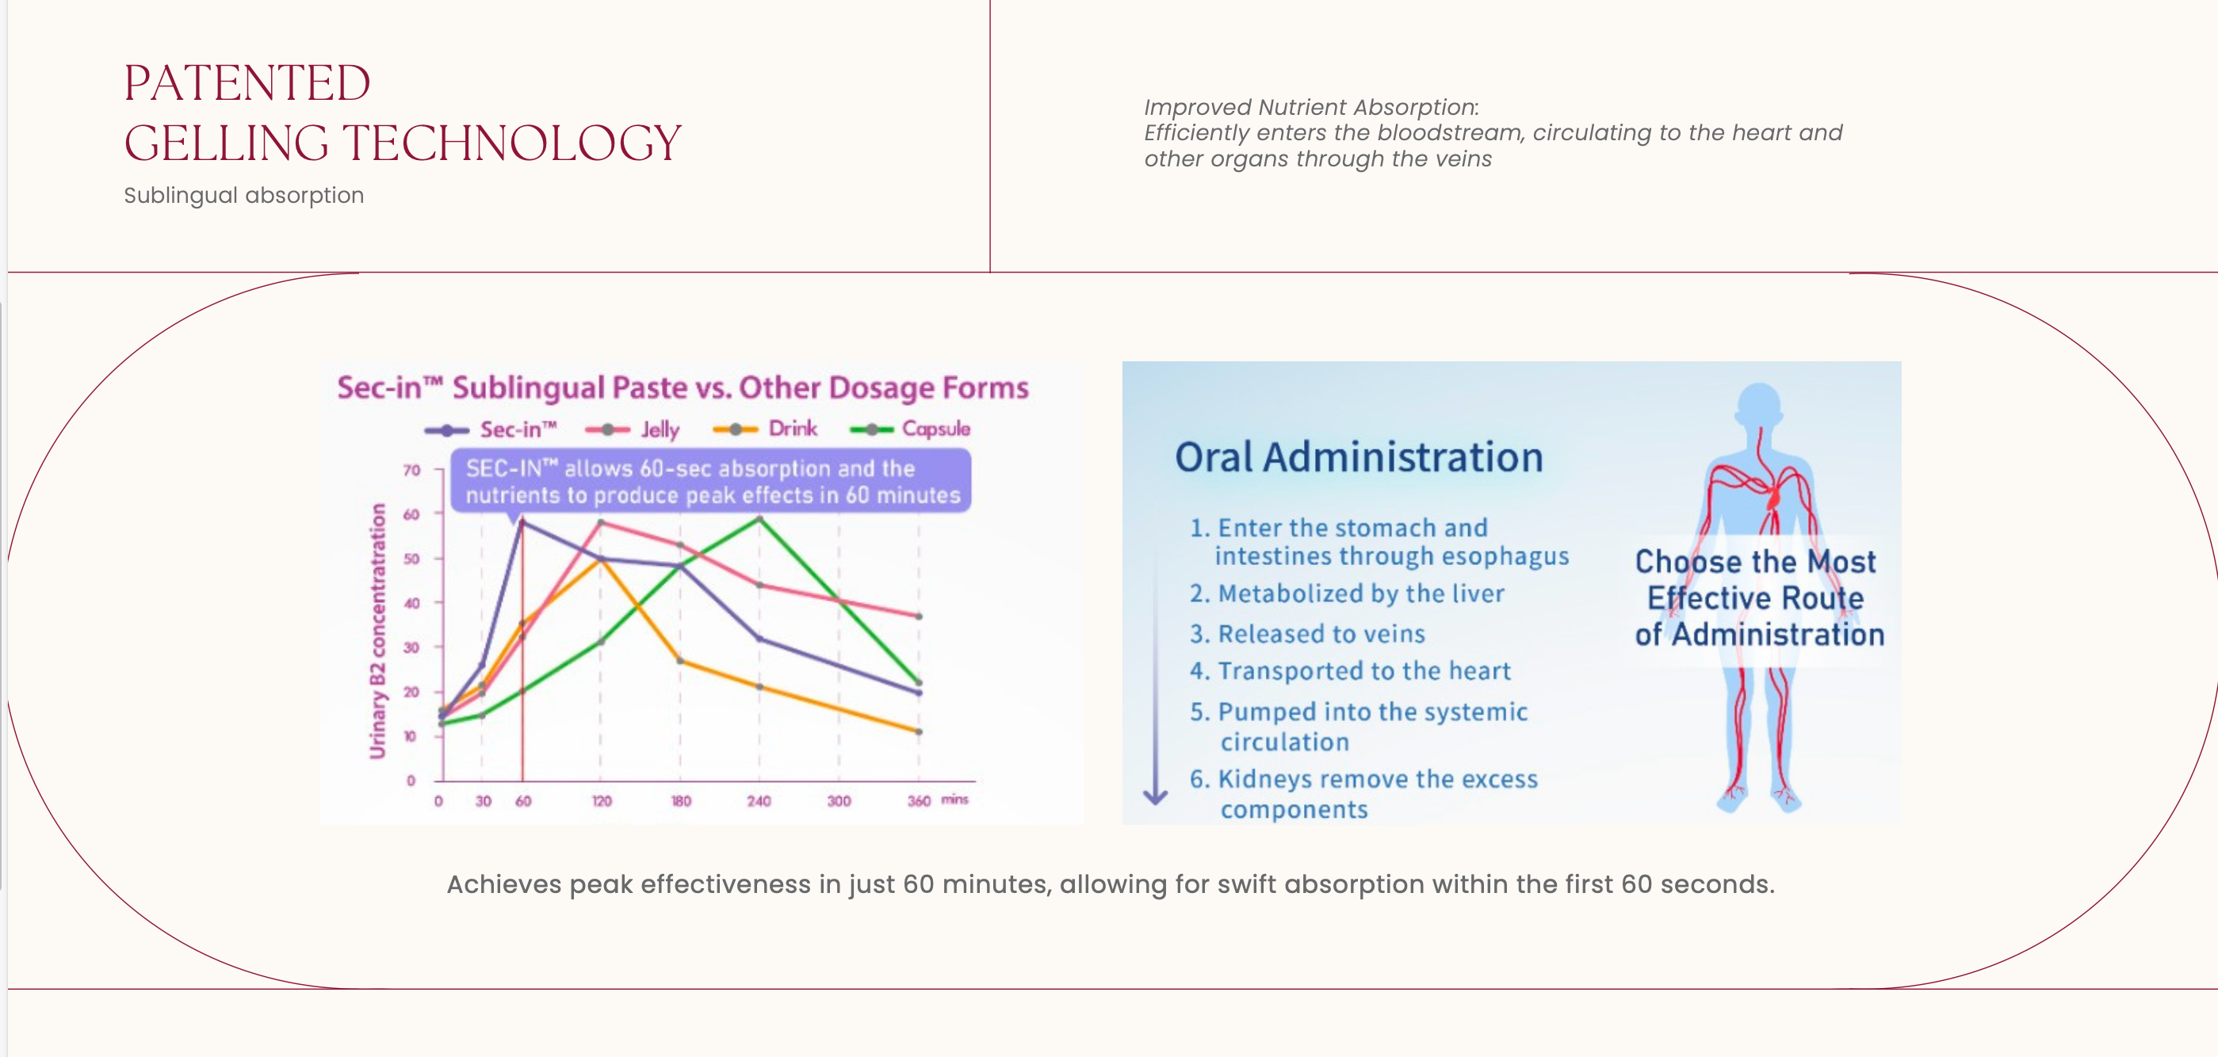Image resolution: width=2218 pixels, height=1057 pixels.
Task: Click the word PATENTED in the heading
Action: tap(247, 83)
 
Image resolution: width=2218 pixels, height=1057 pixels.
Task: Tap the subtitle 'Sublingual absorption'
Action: tap(243, 196)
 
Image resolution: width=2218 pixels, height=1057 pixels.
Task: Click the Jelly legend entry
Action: tap(659, 429)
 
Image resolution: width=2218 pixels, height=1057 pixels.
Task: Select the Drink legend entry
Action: tap(792, 429)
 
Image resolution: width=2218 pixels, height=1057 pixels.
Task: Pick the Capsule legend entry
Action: tap(935, 429)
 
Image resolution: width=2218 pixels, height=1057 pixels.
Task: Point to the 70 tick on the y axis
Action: tap(411, 470)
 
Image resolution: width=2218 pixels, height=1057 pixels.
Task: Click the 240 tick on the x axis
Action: tap(759, 801)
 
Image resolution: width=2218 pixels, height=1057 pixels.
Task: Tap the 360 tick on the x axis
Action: tap(919, 801)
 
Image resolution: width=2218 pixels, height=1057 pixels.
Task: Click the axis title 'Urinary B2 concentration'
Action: tap(377, 631)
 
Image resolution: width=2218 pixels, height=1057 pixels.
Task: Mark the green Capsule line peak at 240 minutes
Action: tap(759, 518)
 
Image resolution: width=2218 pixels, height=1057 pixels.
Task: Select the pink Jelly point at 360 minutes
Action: tap(919, 616)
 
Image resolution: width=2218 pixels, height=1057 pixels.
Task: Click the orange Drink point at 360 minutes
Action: tap(919, 731)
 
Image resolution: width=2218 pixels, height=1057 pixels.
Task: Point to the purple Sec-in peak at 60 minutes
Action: tap(522, 522)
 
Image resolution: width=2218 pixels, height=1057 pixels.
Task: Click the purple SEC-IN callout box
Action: tap(711, 482)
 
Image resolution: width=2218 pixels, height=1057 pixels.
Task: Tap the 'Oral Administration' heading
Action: tap(1359, 457)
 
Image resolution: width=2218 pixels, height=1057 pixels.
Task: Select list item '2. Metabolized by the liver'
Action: tap(1347, 594)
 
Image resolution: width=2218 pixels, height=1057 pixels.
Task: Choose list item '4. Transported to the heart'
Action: tap(1350, 671)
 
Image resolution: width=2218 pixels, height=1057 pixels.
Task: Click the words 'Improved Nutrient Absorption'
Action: tap(1310, 108)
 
